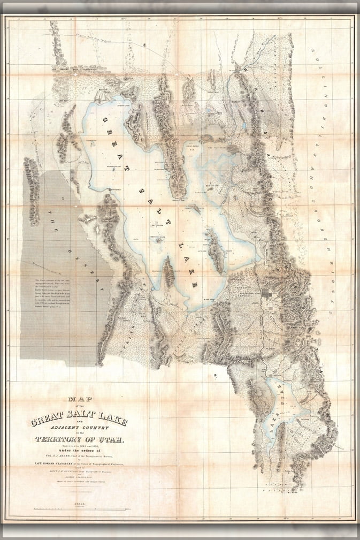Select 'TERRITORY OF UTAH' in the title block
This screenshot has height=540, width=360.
79,440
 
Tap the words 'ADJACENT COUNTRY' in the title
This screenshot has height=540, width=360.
79,427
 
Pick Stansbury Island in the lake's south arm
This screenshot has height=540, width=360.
168,271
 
